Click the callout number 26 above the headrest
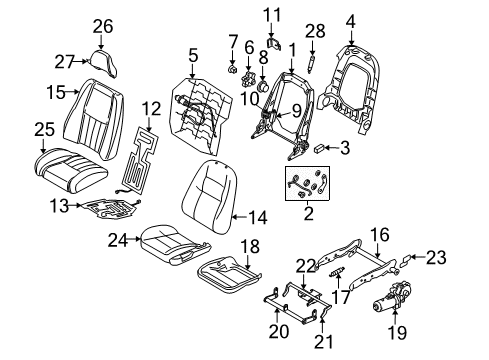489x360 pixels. click(102, 26)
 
